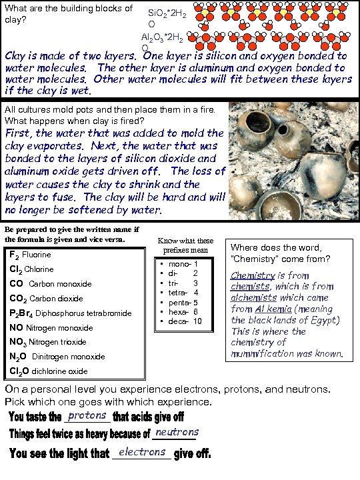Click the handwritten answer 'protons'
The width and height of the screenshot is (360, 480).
[x=87, y=415]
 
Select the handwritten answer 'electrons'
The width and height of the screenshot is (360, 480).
[x=142, y=452]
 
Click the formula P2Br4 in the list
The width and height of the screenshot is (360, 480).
[x=21, y=313]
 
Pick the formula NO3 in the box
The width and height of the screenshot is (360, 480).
[x=17, y=342]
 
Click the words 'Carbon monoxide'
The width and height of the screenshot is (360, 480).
[x=60, y=284]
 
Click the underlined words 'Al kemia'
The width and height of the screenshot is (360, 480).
[x=274, y=309]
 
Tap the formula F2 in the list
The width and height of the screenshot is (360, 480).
[x=14, y=255]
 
